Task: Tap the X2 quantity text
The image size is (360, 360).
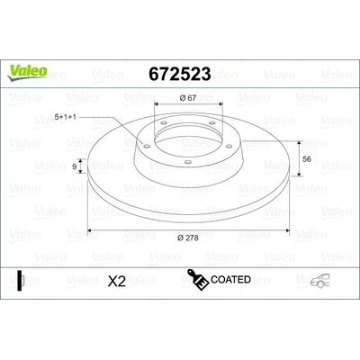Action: click(116, 282)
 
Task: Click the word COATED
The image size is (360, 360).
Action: click(230, 281)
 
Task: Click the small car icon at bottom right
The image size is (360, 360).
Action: click(319, 282)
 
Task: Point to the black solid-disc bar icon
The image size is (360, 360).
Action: click(22, 281)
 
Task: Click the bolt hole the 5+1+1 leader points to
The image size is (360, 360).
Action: click(145, 139)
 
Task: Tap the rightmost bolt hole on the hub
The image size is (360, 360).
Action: click(219, 141)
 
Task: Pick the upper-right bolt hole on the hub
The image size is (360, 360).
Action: click(207, 123)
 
